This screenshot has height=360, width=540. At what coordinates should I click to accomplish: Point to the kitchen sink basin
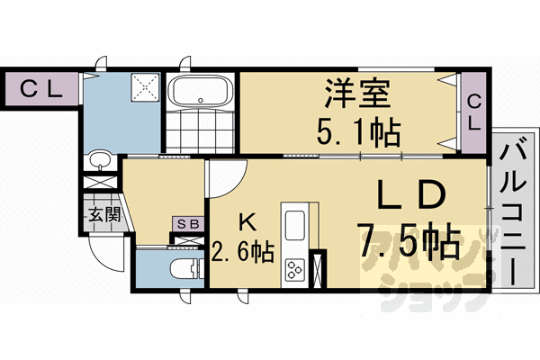(x=295, y=225)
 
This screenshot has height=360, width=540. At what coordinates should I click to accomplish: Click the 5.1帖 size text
(x=357, y=133)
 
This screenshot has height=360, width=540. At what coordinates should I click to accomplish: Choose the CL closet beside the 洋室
(x=473, y=112)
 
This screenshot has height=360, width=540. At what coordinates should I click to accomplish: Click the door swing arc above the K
(x=228, y=174)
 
